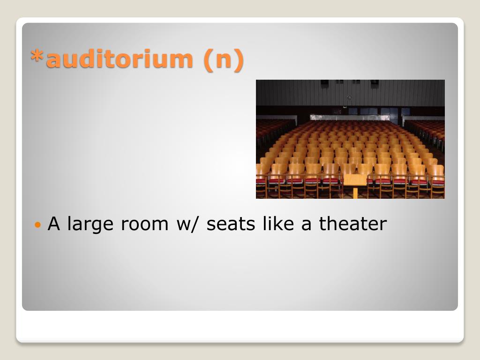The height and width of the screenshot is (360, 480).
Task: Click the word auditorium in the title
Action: point(120,58)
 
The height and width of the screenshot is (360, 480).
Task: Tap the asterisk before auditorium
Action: point(37,56)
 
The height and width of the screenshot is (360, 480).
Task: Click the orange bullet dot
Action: point(37,225)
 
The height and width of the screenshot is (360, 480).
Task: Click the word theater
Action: point(353,224)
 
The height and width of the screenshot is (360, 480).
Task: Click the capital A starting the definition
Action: point(53,224)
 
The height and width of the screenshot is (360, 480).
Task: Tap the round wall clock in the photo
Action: point(349,97)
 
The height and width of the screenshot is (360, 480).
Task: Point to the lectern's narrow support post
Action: point(355,193)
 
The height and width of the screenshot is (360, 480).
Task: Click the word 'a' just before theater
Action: point(307,225)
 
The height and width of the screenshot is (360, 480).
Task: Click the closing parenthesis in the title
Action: point(239,60)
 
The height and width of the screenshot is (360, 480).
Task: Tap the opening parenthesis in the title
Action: point(208,60)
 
